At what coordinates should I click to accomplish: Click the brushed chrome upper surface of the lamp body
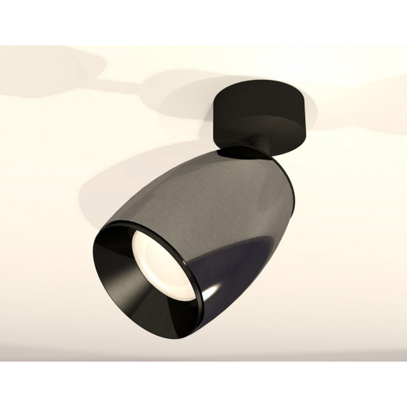203,176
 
